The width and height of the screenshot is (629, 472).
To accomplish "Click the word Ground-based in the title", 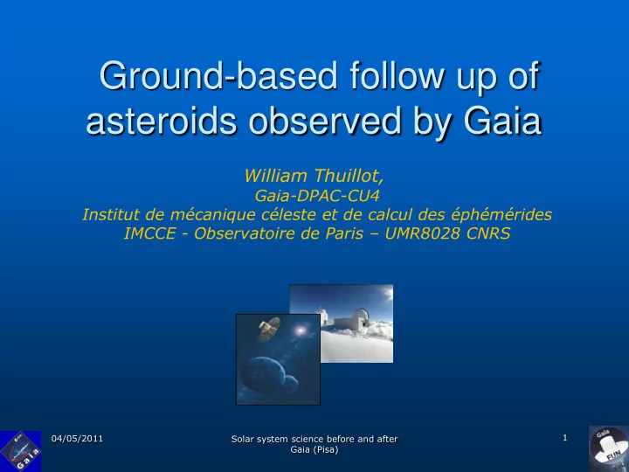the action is pyautogui.click(x=218, y=76).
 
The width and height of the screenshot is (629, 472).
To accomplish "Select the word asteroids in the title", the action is pyautogui.click(x=162, y=121).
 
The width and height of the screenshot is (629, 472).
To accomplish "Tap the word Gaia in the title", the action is pyautogui.click(x=502, y=121).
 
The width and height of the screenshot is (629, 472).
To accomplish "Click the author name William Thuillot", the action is pyautogui.click(x=314, y=176).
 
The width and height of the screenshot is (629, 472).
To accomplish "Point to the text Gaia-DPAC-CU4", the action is pyautogui.click(x=317, y=196).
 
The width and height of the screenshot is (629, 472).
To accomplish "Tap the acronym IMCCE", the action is pyautogui.click(x=149, y=233).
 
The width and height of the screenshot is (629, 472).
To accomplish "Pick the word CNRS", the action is pyautogui.click(x=488, y=233).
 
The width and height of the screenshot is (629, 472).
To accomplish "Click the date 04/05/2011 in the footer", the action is pyautogui.click(x=77, y=438).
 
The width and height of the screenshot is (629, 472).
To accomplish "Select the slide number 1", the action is pyautogui.click(x=565, y=438).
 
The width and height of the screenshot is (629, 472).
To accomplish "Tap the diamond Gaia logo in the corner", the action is pyautogui.click(x=20, y=451).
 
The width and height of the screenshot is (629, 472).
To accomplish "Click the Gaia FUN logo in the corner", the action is pyautogui.click(x=609, y=448).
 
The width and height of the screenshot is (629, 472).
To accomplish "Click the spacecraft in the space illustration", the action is pyautogui.click(x=270, y=329).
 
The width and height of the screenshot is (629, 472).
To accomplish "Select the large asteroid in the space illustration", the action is pyautogui.click(x=263, y=375).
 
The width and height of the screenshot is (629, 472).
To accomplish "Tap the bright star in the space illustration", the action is pyautogui.click(x=300, y=331).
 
